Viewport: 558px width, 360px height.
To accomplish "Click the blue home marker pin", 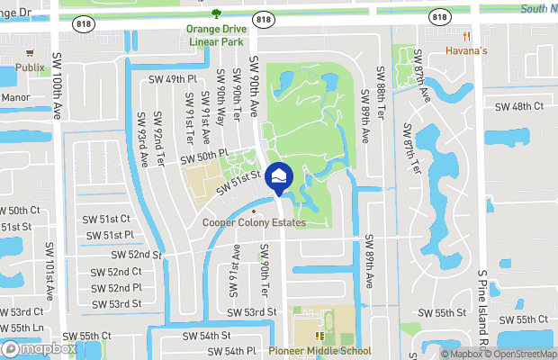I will point(279,178).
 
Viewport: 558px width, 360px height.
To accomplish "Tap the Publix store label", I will point(31,67).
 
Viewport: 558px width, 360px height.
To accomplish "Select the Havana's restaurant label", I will point(467,50).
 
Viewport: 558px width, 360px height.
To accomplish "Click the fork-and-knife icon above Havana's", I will point(467,37).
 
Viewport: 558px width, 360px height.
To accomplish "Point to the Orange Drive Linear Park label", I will point(216,34).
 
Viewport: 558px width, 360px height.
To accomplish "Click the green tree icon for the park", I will point(216,13).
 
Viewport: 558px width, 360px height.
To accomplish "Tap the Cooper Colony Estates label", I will point(254,222).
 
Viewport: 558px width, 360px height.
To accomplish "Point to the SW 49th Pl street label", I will point(175,79).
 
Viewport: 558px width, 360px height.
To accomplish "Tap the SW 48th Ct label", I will point(520,106).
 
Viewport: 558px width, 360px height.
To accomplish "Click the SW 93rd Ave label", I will point(143,140).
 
